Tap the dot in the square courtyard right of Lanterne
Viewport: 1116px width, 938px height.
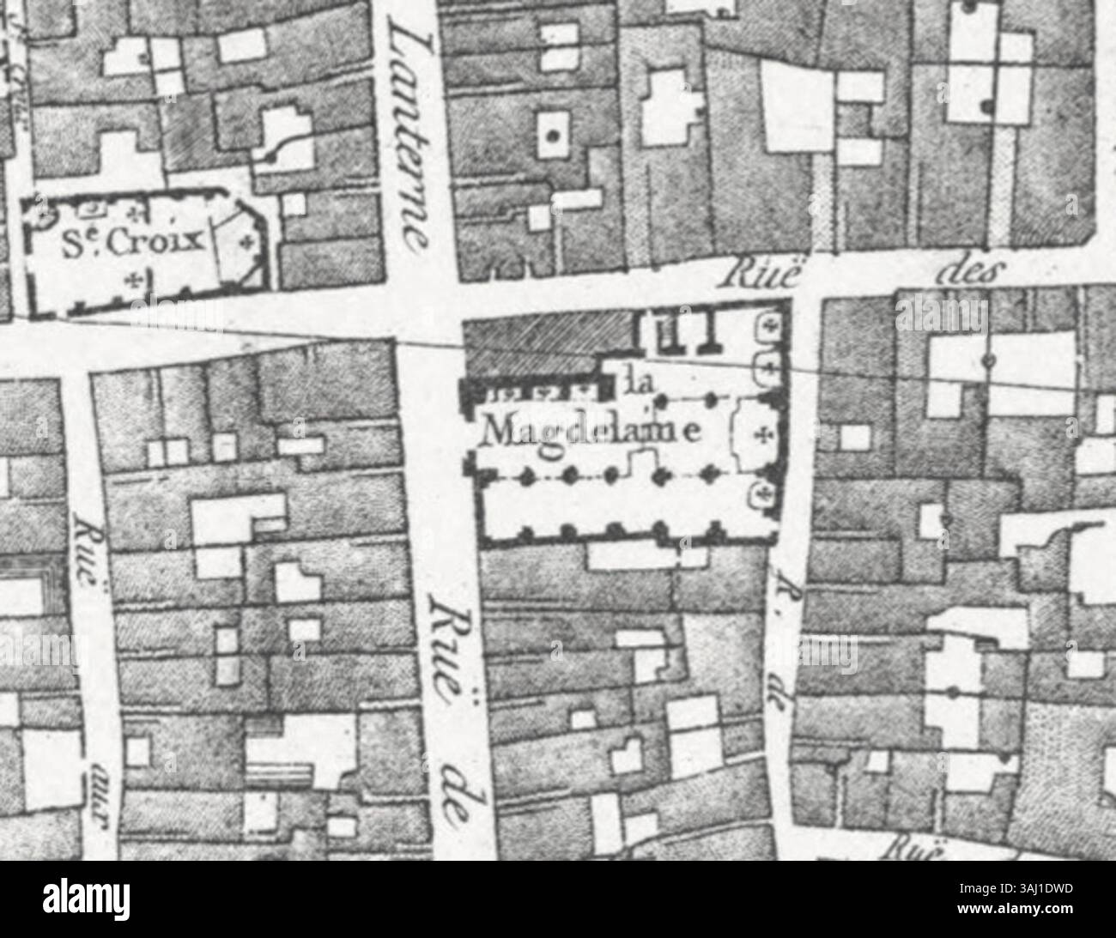click(x=554, y=135)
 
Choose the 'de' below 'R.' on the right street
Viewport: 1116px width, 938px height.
click(x=784, y=707)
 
